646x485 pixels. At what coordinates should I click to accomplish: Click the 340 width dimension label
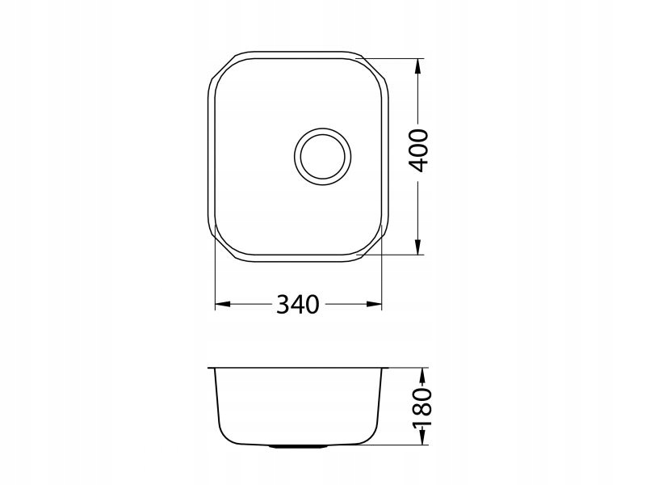tap(297, 305)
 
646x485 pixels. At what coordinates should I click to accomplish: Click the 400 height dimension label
tap(418, 150)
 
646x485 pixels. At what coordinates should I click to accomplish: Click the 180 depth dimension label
tap(422, 407)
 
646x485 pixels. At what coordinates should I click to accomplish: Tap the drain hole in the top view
tap(322, 156)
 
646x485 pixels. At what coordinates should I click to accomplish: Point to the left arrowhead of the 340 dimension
tap(223, 305)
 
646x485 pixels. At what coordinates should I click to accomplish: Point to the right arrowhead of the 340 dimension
tap(374, 305)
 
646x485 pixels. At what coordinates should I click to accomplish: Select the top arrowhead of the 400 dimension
tap(418, 66)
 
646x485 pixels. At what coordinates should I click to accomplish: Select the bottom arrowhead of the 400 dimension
tap(418, 247)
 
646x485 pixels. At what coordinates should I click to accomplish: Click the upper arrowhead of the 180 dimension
tap(422, 375)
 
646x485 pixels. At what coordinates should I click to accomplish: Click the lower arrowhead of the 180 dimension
tap(422, 437)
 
